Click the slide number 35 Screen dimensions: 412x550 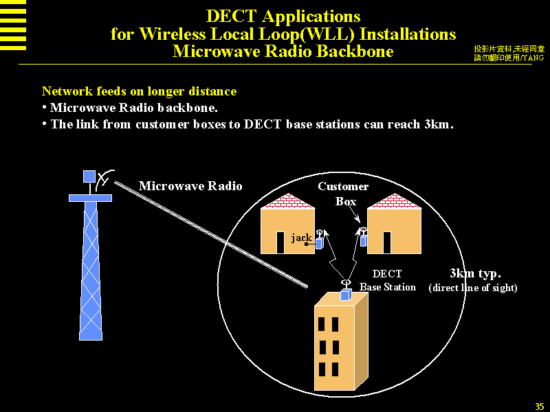(539, 405)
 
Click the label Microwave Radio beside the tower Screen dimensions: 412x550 (190, 186)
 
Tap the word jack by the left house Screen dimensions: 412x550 (301, 238)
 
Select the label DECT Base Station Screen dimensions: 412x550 (388, 281)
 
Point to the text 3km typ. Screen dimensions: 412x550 (475, 273)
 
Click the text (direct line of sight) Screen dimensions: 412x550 (473, 288)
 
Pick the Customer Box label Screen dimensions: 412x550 (344, 194)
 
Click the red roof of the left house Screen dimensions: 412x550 (287, 201)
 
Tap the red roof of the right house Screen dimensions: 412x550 (394, 201)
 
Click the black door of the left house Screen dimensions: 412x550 (280, 242)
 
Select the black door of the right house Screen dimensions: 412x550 (387, 242)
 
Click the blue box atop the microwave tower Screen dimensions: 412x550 (89, 176)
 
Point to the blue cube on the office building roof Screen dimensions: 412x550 (346, 295)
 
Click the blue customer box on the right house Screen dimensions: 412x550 (364, 240)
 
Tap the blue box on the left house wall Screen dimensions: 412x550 (319, 243)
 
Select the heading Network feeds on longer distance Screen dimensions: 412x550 (139, 91)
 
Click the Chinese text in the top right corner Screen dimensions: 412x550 (509, 54)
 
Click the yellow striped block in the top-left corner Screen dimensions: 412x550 (13, 25)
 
